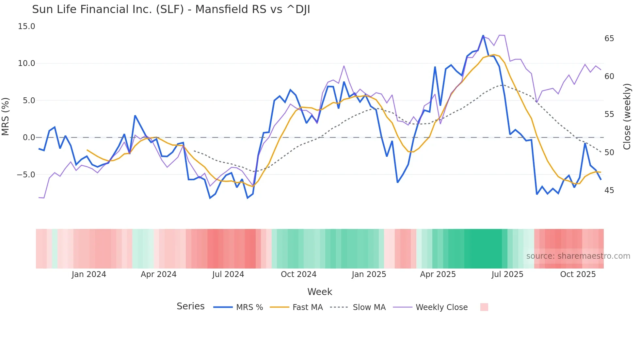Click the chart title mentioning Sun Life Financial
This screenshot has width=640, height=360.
click(171, 9)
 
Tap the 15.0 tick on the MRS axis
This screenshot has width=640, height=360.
click(26, 26)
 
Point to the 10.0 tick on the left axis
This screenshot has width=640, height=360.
click(26, 63)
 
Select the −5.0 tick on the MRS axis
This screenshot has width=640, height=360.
click(26, 175)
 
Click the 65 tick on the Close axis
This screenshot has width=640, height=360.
click(609, 39)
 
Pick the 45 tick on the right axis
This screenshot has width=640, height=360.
click(609, 190)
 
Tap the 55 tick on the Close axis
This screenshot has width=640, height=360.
click(609, 114)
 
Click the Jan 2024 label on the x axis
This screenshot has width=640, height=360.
click(89, 274)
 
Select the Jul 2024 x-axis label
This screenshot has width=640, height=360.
click(228, 274)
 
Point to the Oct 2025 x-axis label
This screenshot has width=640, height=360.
click(578, 274)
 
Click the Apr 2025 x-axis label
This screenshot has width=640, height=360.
click(438, 274)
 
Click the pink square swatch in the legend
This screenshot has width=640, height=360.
click(484, 307)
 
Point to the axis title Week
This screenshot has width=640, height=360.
click(320, 292)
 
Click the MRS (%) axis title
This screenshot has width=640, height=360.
click(6, 116)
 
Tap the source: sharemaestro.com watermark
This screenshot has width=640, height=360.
click(578, 256)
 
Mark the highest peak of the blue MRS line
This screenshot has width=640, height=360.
click(483, 36)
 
